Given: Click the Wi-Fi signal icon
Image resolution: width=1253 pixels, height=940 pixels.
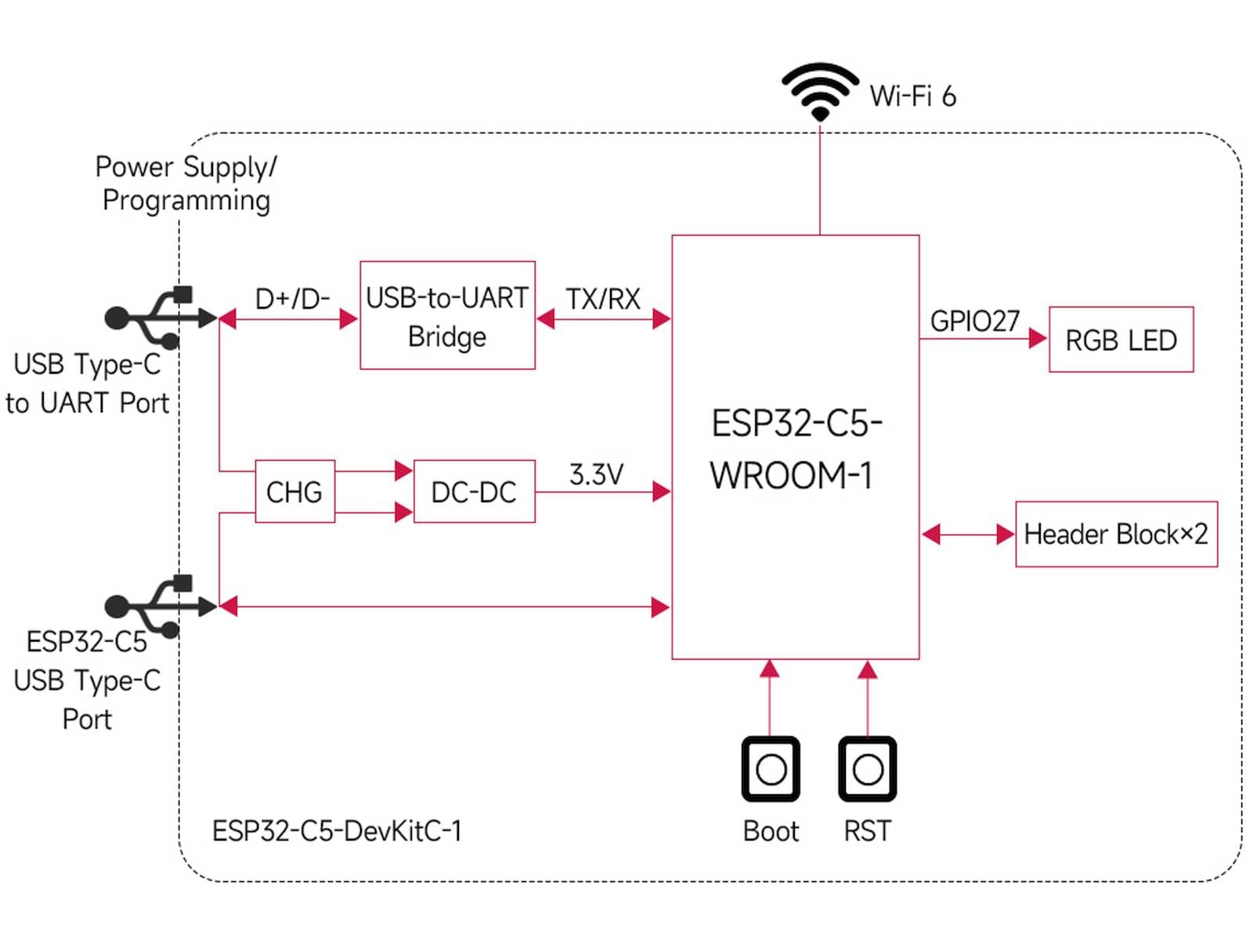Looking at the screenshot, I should [x=819, y=91].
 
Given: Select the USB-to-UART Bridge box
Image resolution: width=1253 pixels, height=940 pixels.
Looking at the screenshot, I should [x=447, y=315].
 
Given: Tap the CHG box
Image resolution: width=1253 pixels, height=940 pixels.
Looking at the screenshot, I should [x=294, y=491].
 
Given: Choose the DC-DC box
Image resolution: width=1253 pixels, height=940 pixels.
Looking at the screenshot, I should [x=474, y=491].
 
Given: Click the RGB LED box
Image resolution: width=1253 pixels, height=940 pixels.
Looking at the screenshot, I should [x=1121, y=339].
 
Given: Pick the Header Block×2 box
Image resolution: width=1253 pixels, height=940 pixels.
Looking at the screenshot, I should [x=1116, y=533].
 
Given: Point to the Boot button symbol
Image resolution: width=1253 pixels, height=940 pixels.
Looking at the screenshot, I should [x=771, y=769].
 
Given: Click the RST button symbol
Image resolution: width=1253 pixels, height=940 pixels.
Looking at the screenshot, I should [x=867, y=769].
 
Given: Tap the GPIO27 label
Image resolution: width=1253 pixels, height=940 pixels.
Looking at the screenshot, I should [x=974, y=321].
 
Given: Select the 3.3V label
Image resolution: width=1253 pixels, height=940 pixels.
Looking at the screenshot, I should [x=596, y=474].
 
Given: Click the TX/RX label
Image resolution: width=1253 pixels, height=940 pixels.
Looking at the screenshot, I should [x=603, y=298].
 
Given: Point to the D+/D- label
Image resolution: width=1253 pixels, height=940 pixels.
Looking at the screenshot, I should [x=292, y=298].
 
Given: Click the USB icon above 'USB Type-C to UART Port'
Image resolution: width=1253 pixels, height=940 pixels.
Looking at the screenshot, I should [x=160, y=317].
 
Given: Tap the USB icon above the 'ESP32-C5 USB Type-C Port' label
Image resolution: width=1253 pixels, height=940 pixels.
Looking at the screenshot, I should [x=160, y=606].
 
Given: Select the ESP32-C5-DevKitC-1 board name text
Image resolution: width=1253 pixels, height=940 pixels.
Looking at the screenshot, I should [x=337, y=830].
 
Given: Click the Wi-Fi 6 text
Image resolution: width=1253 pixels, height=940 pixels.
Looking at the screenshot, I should [x=912, y=96].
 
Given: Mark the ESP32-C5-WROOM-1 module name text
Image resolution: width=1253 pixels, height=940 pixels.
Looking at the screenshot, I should [x=795, y=449].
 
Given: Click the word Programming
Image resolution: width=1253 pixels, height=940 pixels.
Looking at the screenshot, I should [x=186, y=201].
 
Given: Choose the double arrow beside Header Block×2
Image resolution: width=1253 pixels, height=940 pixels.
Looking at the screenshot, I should [x=968, y=534].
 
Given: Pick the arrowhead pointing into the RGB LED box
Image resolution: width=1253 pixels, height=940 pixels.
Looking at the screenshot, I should [x=1038, y=338].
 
